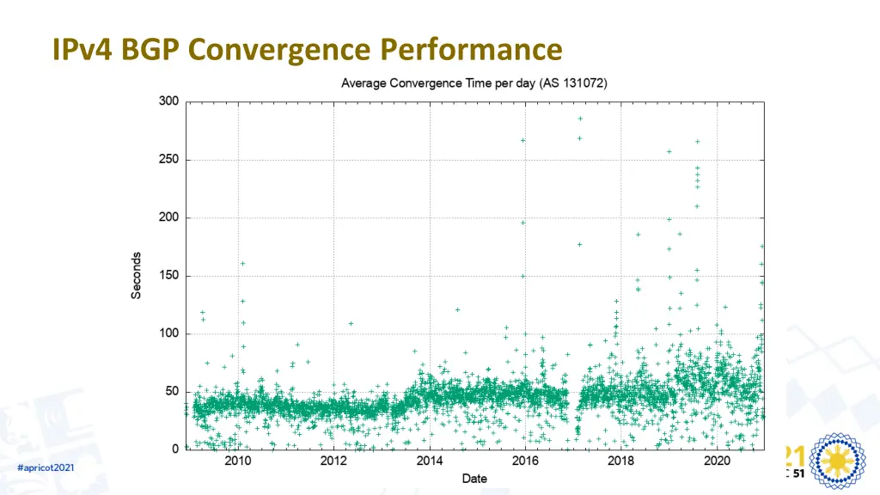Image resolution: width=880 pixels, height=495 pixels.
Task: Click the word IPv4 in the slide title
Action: pyautogui.click(x=82, y=50)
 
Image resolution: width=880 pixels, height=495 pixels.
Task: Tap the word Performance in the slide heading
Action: pyautogui.click(x=466, y=50)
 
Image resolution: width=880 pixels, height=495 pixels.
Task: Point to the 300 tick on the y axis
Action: pyautogui.click(x=168, y=101)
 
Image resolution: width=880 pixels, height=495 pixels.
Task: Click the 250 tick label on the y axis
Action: pyautogui.click(x=168, y=160)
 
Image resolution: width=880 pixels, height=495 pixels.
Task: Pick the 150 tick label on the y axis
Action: pyautogui.click(x=168, y=276)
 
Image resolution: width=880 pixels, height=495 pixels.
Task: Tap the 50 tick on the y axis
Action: pyautogui.click(x=172, y=392)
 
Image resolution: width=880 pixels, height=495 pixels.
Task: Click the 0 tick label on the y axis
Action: pyautogui.click(x=175, y=449)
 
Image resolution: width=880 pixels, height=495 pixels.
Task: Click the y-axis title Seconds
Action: pyautogui.click(x=137, y=275)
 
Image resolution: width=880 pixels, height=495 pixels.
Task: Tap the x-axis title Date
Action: pyautogui.click(x=474, y=478)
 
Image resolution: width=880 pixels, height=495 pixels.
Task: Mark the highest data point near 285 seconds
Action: pyautogui.click(x=580, y=119)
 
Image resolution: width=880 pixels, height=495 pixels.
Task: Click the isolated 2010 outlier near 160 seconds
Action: pyautogui.click(x=242, y=264)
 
